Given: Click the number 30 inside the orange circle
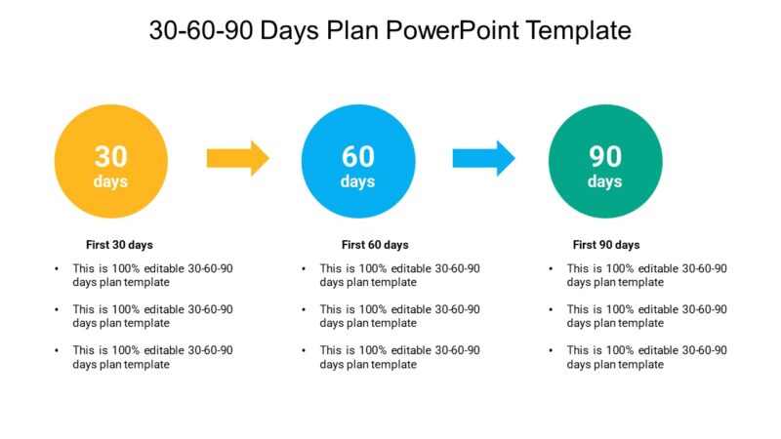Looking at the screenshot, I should (110, 156).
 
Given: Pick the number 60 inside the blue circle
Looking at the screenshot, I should (358, 156).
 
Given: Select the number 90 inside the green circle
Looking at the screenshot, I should (605, 156).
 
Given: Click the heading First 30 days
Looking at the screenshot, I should (119, 245).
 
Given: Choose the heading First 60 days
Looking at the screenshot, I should (375, 245).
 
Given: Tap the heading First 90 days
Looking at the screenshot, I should (606, 245).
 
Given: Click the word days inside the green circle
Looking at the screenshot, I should (605, 181).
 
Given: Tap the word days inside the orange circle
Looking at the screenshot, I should (110, 181).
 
